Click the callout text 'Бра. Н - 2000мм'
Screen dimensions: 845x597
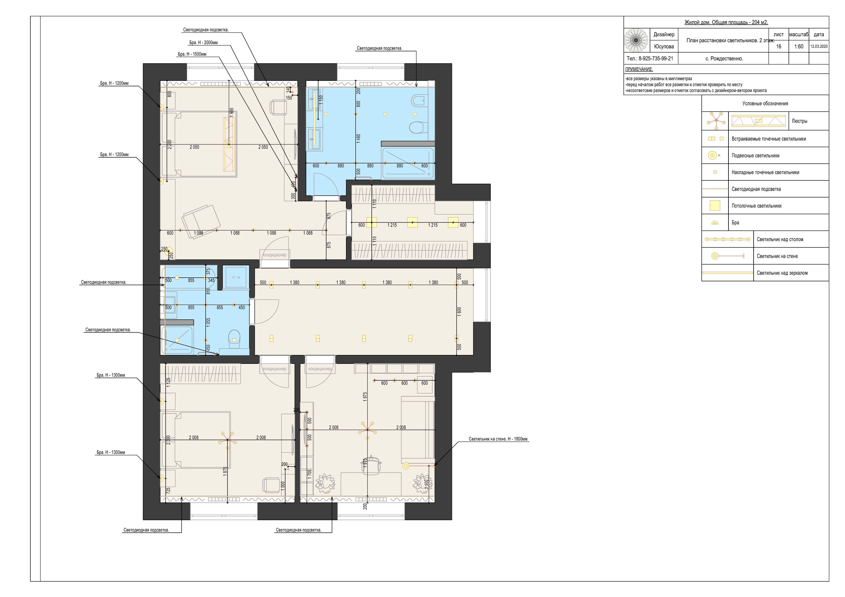(x=204, y=43)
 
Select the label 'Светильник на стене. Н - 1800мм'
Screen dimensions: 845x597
(x=498, y=439)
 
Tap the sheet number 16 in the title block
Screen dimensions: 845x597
(x=779, y=47)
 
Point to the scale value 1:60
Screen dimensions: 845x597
(x=799, y=47)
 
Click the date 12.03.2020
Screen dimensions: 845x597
(x=819, y=47)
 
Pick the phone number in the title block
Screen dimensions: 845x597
(x=650, y=58)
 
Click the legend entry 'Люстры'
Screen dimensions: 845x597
(x=800, y=121)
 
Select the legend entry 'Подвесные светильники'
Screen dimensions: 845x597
(x=756, y=156)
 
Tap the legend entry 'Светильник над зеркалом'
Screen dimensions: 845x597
(x=782, y=273)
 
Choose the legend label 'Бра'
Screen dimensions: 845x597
(x=735, y=223)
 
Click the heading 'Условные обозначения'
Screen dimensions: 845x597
(x=765, y=104)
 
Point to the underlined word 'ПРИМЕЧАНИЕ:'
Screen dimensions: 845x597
(x=639, y=69)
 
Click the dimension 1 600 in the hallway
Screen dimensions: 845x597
(x=459, y=311)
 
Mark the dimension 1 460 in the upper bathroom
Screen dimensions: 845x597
(x=358, y=138)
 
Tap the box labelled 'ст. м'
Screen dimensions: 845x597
(x=236, y=277)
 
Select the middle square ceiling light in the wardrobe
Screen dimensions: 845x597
(x=413, y=223)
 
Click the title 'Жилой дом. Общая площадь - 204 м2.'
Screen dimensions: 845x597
(x=726, y=22)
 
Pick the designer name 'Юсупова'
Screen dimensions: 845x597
(x=664, y=47)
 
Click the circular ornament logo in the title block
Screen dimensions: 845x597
(x=637, y=40)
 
